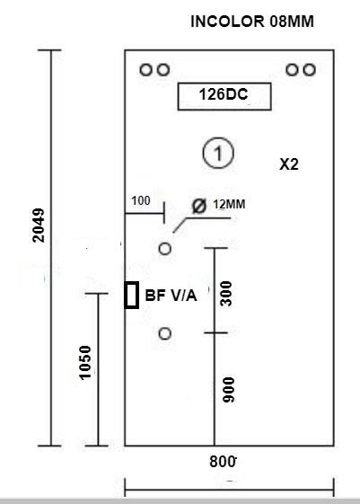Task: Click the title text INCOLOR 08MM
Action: pos(252,22)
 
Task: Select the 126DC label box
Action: pos(224,96)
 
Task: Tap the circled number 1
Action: pos(218,153)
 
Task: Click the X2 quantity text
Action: pos(289,164)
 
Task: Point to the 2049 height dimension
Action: pos(39,225)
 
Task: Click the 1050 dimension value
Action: pos(85,363)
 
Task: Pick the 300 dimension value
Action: pos(226,294)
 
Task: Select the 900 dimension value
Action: pos(229,390)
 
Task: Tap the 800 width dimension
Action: pos(223,462)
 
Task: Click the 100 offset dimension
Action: pos(141,201)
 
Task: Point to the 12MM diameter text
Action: pos(229,204)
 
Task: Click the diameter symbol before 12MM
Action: pos(199,206)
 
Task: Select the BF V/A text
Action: pos(171,296)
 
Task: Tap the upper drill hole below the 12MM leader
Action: pos(165,249)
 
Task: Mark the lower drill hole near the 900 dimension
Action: pos(165,333)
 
